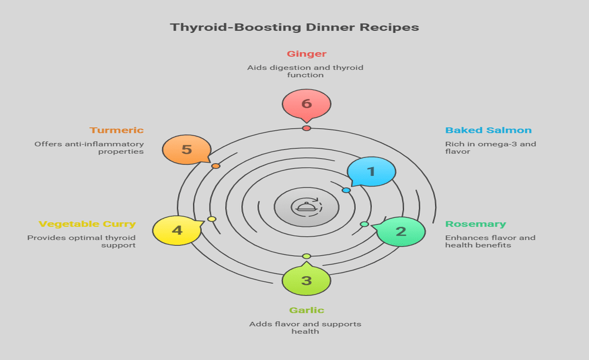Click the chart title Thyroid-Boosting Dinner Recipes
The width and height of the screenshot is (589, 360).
pyautogui.click(x=294, y=27)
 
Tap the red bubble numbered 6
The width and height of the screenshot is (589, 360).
pyautogui.click(x=306, y=104)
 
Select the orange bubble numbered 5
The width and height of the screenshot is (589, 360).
pyautogui.click(x=187, y=150)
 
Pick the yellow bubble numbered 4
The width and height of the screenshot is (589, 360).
pyautogui.click(x=177, y=230)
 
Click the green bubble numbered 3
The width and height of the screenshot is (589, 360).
pyautogui.click(x=306, y=281)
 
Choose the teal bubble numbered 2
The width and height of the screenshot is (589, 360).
pyautogui.click(x=401, y=232)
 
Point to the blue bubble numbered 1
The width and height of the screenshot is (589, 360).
pyautogui.click(x=372, y=171)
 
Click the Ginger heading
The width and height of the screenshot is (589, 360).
pyautogui.click(x=306, y=54)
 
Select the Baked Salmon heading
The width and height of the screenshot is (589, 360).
pyautogui.click(x=488, y=130)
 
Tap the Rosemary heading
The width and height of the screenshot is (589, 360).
pyautogui.click(x=475, y=224)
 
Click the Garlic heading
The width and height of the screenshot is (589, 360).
pyautogui.click(x=306, y=310)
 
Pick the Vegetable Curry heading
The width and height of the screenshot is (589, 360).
pyautogui.click(x=87, y=224)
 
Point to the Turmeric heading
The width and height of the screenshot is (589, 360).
pyautogui.click(x=117, y=130)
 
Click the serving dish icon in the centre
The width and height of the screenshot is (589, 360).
pyautogui.click(x=306, y=207)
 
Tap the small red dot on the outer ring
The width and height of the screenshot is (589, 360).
pyautogui.click(x=306, y=128)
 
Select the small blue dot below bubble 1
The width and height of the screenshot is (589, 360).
pyautogui.click(x=346, y=190)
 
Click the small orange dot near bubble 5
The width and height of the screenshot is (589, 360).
pyautogui.click(x=216, y=166)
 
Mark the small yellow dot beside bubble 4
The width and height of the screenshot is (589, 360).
pyautogui.click(x=212, y=219)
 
